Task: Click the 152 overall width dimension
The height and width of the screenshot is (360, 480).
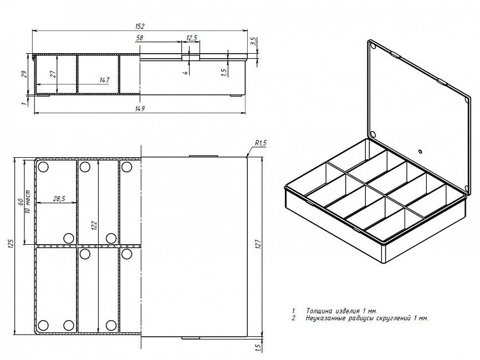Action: pos(139,26)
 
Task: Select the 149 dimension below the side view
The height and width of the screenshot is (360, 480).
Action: pos(140,109)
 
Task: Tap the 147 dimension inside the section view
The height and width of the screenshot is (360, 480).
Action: pos(104,80)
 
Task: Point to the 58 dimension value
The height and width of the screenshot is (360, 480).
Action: pos(140,38)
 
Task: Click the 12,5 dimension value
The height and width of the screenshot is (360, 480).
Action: pos(192,38)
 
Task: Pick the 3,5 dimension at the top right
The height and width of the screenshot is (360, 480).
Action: pos(253,42)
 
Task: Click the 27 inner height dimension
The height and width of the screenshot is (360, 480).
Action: pos(53,74)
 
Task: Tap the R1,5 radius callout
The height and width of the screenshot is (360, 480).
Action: pos(261,142)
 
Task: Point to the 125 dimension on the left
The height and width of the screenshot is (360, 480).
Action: pos(11,244)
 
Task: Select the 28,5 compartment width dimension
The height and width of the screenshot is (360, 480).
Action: pos(59,199)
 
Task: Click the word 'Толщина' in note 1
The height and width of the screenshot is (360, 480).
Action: pos(319,311)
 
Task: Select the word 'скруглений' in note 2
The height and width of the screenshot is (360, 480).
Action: pos(394,318)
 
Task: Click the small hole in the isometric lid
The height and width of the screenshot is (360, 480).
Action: pos(420,151)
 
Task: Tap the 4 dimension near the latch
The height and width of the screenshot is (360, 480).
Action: pos(185,73)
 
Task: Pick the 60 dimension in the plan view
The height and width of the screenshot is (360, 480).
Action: pos(21,202)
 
